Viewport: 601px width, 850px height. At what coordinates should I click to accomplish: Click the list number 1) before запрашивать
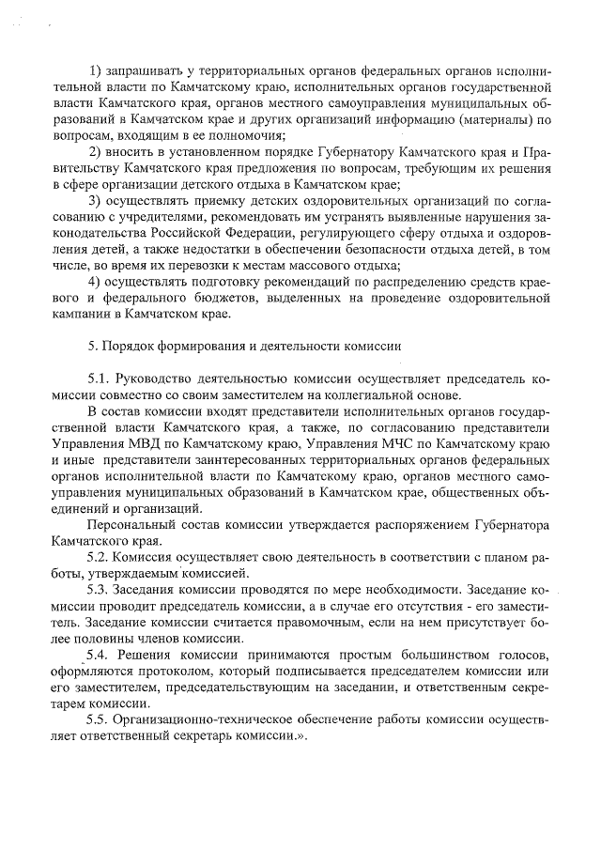[x=96, y=72]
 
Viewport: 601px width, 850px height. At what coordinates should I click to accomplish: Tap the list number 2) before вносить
[x=96, y=153]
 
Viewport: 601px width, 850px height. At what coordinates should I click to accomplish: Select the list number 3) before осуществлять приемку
[x=96, y=201]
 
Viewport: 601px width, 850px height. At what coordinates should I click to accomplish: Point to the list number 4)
[x=96, y=282]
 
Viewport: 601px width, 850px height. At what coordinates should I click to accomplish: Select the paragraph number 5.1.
[x=98, y=379]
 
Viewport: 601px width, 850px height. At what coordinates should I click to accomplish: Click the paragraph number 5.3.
[x=98, y=589]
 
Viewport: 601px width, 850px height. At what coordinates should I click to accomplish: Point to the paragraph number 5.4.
[x=98, y=654]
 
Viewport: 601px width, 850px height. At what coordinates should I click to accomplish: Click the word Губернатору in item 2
[x=323, y=153]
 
